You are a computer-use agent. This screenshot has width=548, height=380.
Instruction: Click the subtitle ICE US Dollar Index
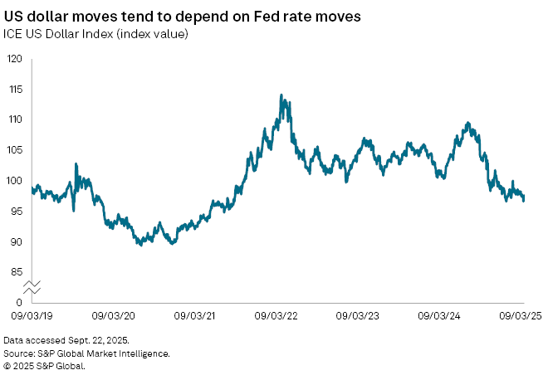pyautogui.click(x=96, y=34)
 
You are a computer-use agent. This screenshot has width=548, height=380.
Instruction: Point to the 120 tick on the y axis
pyautogui.click(x=15, y=59)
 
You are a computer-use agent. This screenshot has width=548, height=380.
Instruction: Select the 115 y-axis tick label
pyautogui.click(x=15, y=90)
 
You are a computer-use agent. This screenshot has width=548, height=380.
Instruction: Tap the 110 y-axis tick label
pyautogui.click(x=15, y=119)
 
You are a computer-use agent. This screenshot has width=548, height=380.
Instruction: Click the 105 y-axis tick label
pyautogui.click(x=15, y=150)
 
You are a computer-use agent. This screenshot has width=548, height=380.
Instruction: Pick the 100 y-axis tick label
pyautogui.click(x=15, y=181)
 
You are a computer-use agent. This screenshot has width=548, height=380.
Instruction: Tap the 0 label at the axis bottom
pyautogui.click(x=19, y=302)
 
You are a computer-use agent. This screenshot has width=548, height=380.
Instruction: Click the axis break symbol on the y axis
pyautogui.click(x=32, y=287)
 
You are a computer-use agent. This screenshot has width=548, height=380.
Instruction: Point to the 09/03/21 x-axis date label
pyautogui.click(x=196, y=316)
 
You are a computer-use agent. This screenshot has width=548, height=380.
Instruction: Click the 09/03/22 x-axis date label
pyautogui.click(x=277, y=316)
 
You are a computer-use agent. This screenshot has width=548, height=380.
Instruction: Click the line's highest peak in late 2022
pyautogui.click(x=282, y=95)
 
